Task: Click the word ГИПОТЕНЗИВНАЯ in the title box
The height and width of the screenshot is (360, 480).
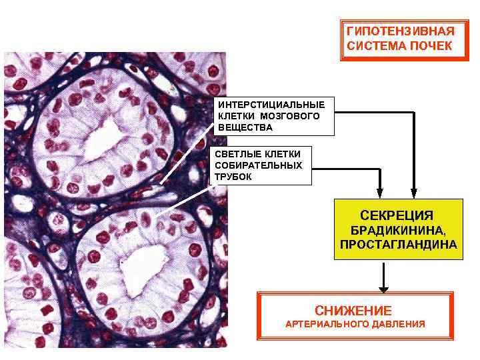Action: [400, 31]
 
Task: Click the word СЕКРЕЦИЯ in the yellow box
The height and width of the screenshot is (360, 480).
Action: [397, 215]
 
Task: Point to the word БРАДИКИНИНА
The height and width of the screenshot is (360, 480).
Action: [398, 231]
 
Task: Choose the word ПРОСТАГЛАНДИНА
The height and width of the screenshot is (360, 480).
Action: [398, 245]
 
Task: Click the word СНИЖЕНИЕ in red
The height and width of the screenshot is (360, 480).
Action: [353, 311]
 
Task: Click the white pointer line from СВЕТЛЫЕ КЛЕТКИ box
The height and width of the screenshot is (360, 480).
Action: [184, 199]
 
